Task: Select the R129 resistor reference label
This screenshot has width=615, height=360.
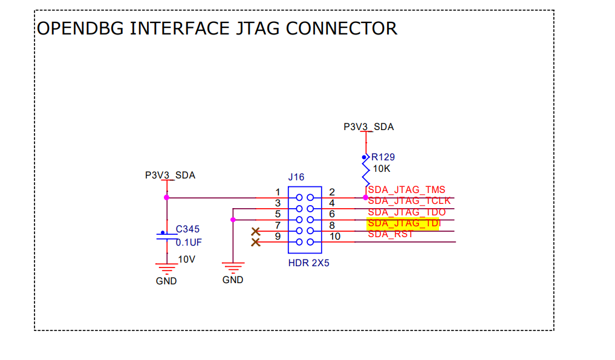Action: click(383, 157)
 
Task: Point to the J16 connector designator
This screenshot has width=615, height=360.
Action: click(296, 177)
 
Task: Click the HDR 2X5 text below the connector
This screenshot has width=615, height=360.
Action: click(308, 264)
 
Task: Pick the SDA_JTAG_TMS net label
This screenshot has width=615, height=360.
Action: click(406, 189)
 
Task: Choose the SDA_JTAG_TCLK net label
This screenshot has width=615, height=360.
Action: click(409, 201)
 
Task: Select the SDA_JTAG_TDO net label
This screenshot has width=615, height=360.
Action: click(406, 212)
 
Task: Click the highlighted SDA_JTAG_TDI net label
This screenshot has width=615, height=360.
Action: click(403, 223)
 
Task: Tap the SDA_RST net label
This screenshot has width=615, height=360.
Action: click(390, 234)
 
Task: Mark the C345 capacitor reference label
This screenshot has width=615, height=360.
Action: click(187, 229)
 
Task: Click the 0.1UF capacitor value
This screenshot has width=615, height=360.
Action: click(189, 242)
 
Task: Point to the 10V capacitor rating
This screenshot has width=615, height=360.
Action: click(186, 259)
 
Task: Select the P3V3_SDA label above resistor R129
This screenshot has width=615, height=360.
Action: click(368, 127)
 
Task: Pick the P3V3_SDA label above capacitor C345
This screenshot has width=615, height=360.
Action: click(170, 175)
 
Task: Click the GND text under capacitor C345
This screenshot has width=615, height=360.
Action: click(166, 281)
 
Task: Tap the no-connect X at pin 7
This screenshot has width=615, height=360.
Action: click(255, 231)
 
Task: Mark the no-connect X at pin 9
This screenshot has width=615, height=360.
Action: click(255, 242)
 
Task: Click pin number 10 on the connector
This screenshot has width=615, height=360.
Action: click(334, 236)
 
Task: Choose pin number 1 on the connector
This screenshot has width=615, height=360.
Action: click(278, 192)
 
